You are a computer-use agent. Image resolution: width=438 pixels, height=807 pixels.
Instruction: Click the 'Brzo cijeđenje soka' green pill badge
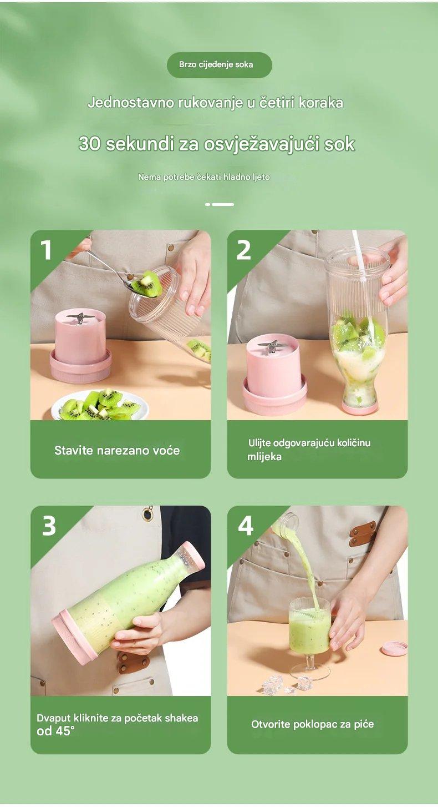[x=219, y=65]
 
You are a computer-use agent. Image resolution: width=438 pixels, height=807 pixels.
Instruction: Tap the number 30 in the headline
[x=90, y=144]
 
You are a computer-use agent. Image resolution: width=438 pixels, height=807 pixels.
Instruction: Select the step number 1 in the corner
[x=46, y=250]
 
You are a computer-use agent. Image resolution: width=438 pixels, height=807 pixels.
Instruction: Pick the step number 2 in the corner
[x=243, y=250]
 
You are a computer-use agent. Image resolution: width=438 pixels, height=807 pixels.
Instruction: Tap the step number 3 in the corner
[x=49, y=526]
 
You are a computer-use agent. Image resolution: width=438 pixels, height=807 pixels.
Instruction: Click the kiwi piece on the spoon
[x=147, y=284]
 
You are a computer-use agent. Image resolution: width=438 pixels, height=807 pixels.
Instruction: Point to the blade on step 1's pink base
[x=79, y=317]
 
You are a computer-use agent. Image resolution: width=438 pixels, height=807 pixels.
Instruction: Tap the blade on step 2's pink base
[x=272, y=347]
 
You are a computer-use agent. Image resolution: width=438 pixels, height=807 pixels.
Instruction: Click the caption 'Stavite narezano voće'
[x=117, y=450]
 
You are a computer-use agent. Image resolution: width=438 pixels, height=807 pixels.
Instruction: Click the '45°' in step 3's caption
[x=65, y=730]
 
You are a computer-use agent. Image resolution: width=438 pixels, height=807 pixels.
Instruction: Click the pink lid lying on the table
[x=394, y=648]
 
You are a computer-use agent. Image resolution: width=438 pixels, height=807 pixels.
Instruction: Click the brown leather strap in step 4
[x=363, y=533]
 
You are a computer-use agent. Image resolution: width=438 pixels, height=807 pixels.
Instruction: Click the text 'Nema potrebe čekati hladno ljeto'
[x=203, y=177]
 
